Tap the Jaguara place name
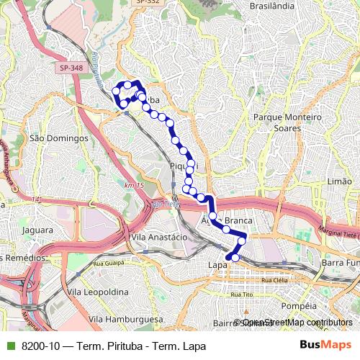(x=37, y=231)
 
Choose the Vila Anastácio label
(x=158, y=236)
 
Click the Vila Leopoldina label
(x=97, y=292)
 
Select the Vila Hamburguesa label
(x=122, y=318)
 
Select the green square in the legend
(x=9, y=346)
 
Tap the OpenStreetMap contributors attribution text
(x=297, y=323)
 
